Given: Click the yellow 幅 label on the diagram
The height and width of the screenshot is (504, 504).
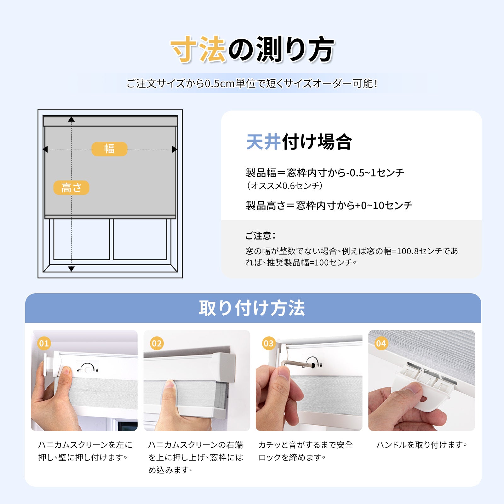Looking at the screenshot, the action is click(109, 149).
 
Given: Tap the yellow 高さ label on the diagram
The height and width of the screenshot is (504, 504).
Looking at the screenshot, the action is click(71, 188).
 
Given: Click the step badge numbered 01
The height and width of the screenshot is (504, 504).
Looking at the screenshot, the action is click(44, 343).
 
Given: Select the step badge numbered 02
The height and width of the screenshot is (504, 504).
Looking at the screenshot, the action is click(157, 343).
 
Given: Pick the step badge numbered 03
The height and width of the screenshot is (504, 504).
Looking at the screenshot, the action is click(269, 343).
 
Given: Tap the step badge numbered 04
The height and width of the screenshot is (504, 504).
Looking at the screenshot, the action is click(381, 343).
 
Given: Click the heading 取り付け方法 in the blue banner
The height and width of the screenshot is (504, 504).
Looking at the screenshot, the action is click(252, 308).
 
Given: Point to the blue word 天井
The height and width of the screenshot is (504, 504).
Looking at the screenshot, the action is click(263, 142).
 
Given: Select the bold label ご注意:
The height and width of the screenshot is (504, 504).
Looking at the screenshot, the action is click(261, 236).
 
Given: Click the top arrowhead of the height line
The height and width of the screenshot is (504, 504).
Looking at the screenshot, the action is click(72, 119).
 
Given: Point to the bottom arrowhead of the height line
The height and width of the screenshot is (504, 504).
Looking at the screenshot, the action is click(72, 269).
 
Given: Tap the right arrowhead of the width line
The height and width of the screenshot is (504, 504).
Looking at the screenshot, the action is click(175, 149).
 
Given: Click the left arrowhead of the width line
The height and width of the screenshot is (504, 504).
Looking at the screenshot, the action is click(45, 149).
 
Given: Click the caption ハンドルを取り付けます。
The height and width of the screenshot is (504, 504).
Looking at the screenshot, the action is click(422, 445).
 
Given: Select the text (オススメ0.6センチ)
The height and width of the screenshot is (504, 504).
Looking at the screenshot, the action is click(284, 186).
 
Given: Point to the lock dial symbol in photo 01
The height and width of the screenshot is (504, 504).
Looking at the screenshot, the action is click(87, 368).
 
